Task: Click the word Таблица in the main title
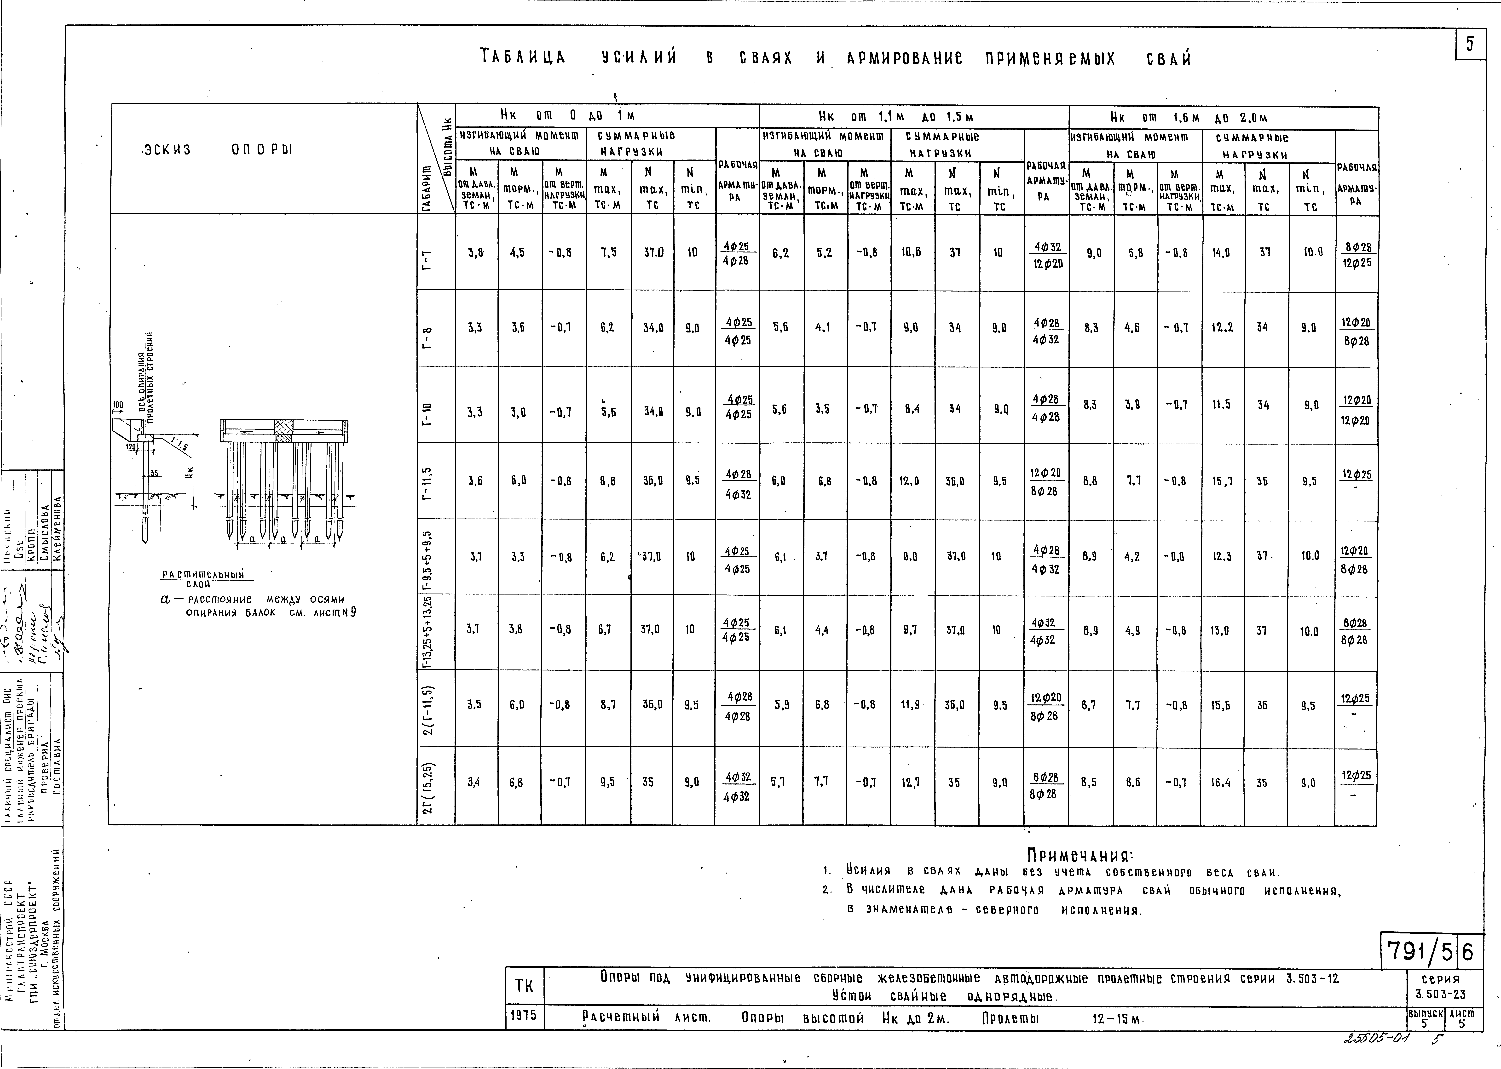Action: pyautogui.click(x=523, y=58)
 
